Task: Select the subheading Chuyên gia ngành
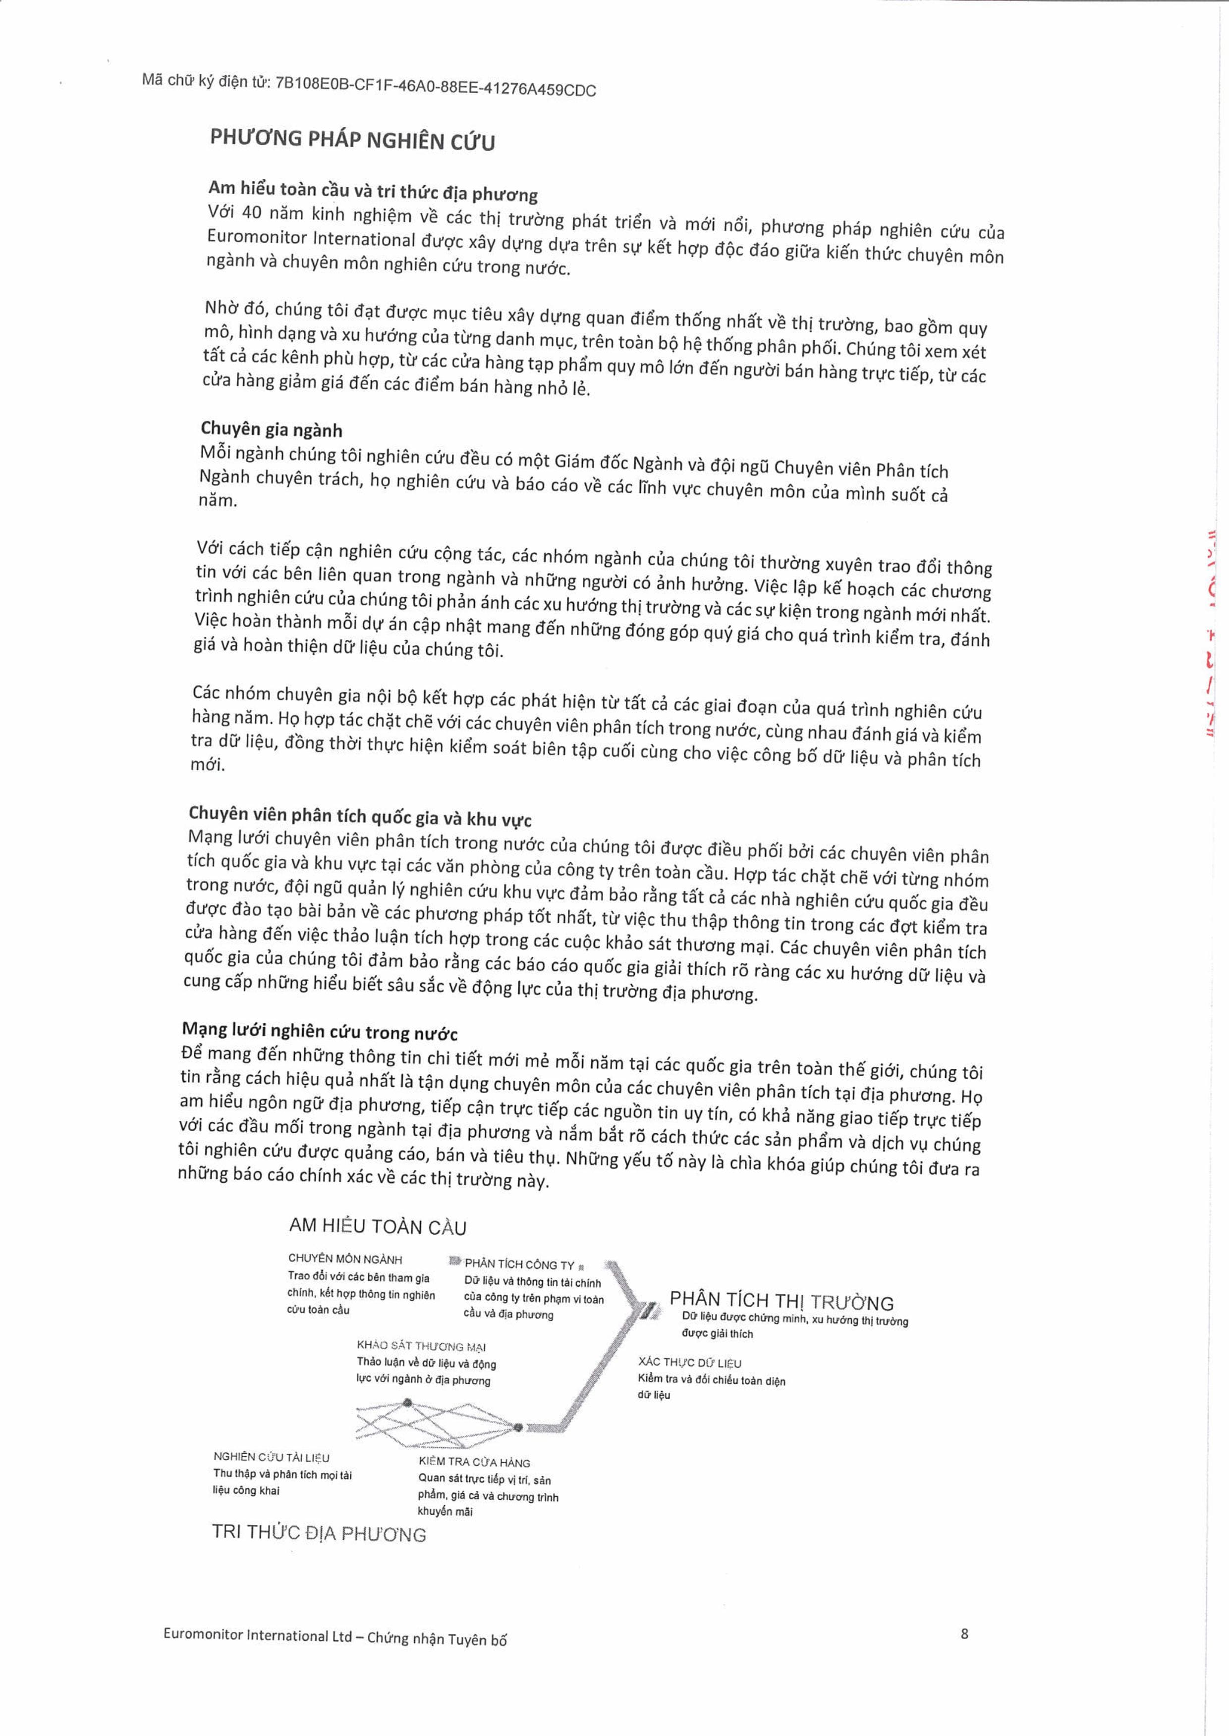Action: pyautogui.click(x=271, y=429)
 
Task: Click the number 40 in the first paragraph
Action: pyautogui.click(x=251, y=213)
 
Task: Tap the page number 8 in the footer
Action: pyautogui.click(x=964, y=1633)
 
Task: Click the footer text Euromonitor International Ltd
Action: pyautogui.click(x=257, y=1634)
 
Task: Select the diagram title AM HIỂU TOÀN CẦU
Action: pyautogui.click(x=378, y=1226)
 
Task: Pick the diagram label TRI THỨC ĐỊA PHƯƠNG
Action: pyautogui.click(x=319, y=1533)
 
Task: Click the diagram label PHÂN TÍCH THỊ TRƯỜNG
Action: pyautogui.click(x=781, y=1301)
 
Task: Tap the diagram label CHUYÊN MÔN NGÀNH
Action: pyautogui.click(x=345, y=1260)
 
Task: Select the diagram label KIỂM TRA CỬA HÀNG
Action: pyautogui.click(x=474, y=1462)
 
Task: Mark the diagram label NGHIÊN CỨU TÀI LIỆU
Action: pyautogui.click(x=271, y=1457)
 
